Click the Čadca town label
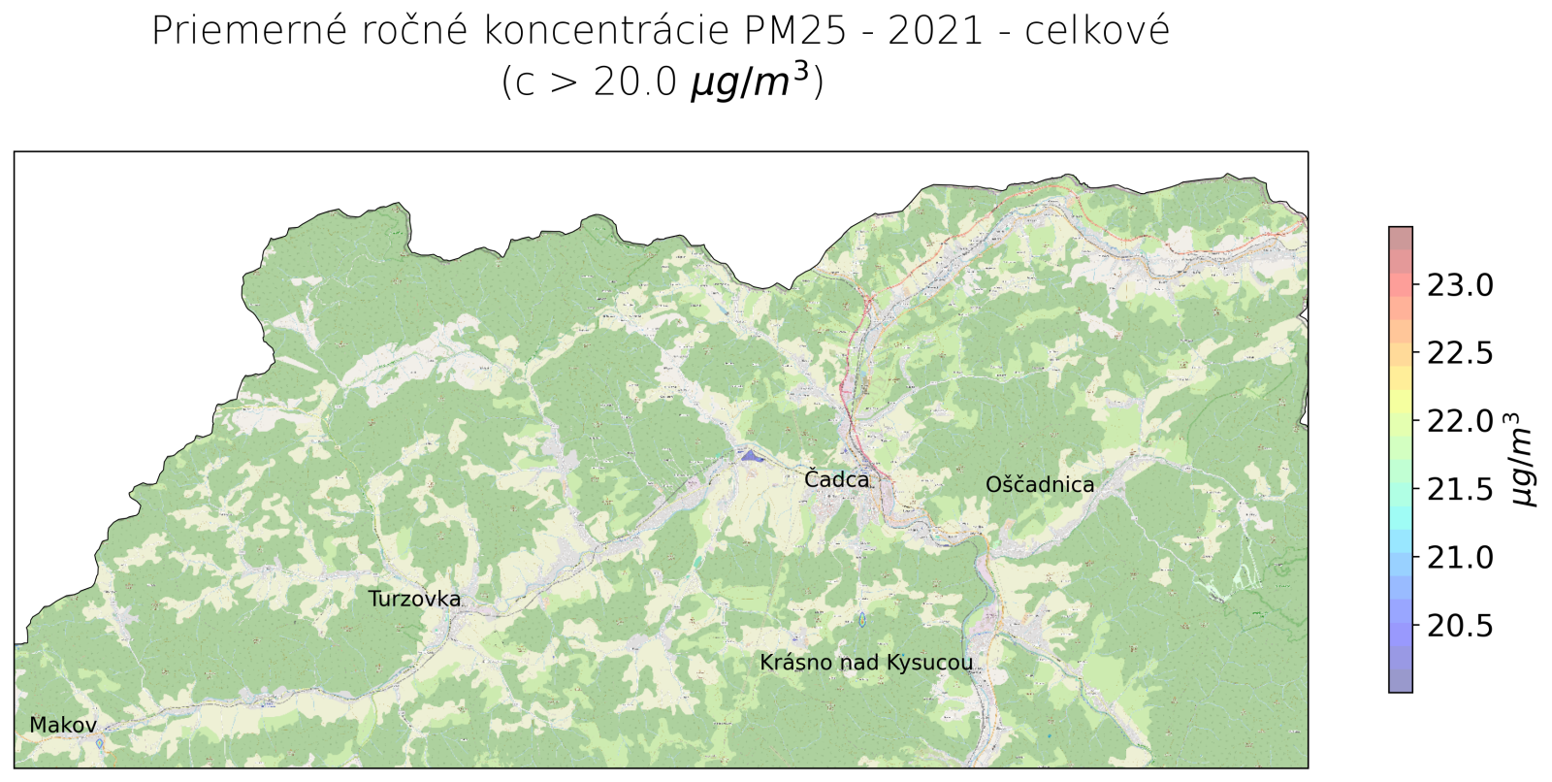[836, 479]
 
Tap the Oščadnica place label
[1039, 485]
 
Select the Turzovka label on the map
[414, 600]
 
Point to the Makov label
[63, 726]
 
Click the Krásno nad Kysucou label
[865, 664]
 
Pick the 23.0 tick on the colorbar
[1459, 285]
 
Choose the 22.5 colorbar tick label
[1459, 353]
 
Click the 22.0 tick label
[1459, 421]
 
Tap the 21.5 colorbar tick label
[1459, 489]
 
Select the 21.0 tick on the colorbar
[1459, 557]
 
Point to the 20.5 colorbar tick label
[1459, 626]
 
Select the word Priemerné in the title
[249, 32]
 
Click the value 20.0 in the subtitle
[635, 83]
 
